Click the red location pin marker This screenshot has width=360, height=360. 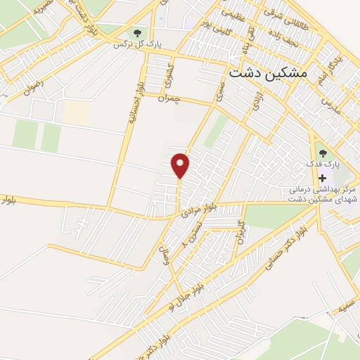point(181,165)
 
